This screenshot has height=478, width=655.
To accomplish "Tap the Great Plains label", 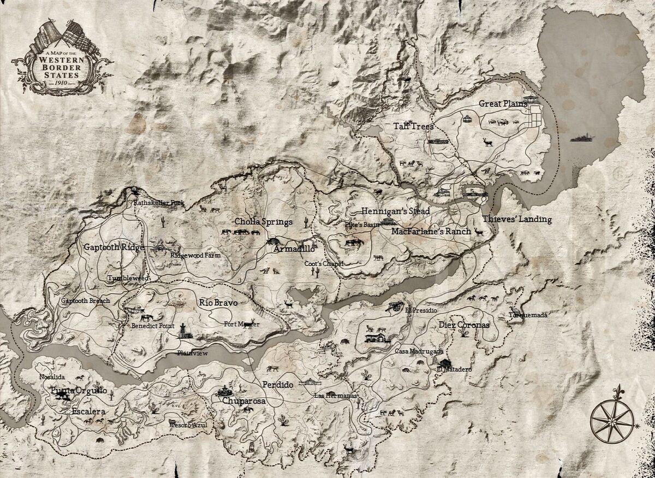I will [x=503, y=103].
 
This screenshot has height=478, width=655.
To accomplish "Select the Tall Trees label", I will [x=414, y=126].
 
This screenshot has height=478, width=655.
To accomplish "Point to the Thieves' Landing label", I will [x=517, y=220].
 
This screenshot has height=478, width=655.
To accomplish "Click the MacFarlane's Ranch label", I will [x=431, y=231].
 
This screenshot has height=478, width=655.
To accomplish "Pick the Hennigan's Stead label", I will [x=395, y=211].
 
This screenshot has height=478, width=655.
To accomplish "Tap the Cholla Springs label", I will [x=264, y=222].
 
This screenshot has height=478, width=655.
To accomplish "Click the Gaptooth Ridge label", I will [x=114, y=247].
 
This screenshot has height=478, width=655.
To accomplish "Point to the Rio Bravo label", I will [x=219, y=302].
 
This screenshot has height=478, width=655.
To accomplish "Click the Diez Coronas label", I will [x=464, y=324].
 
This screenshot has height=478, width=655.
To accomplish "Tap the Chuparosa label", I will [x=244, y=401].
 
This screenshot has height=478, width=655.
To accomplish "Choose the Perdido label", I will [x=277, y=385].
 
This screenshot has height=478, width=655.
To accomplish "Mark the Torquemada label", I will [x=528, y=315].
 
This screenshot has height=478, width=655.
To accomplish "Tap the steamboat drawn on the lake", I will [x=583, y=138].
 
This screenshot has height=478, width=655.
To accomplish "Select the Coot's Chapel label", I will [x=324, y=264].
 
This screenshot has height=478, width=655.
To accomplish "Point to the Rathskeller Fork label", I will [x=159, y=203].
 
